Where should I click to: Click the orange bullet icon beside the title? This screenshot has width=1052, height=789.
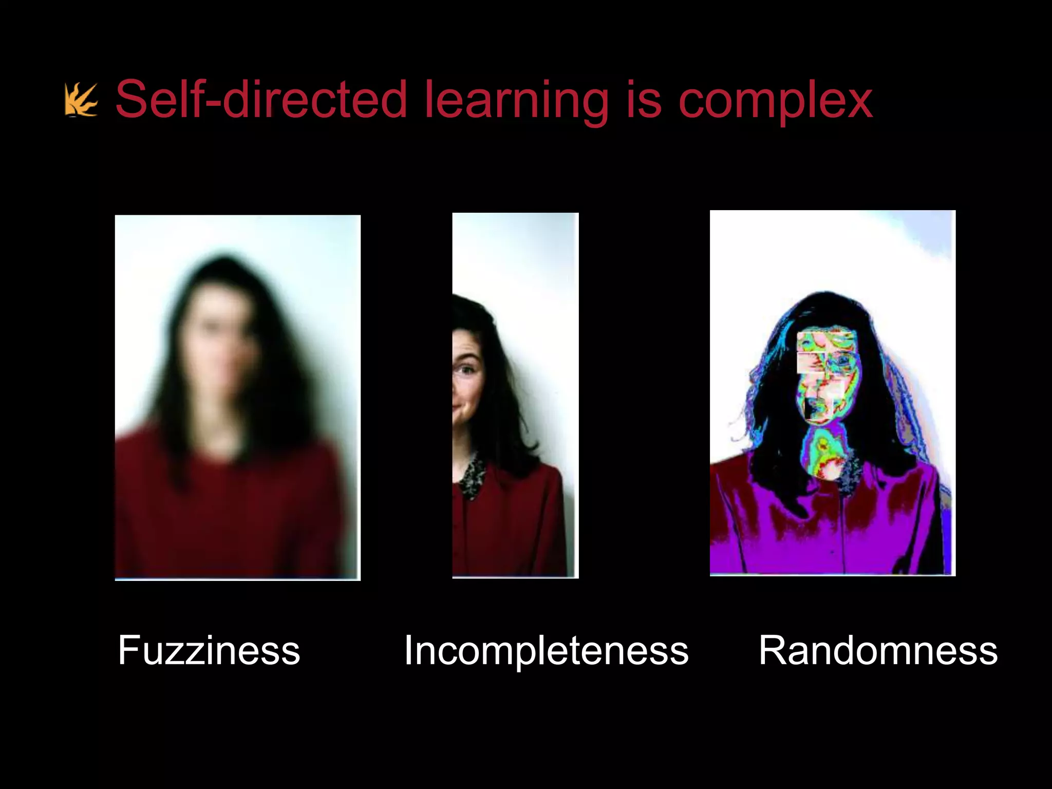click(81, 101)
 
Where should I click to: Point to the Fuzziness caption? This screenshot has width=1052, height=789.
click(209, 650)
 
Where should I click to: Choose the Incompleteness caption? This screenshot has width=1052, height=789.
click(546, 650)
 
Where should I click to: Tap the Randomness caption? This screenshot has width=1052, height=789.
click(878, 650)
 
